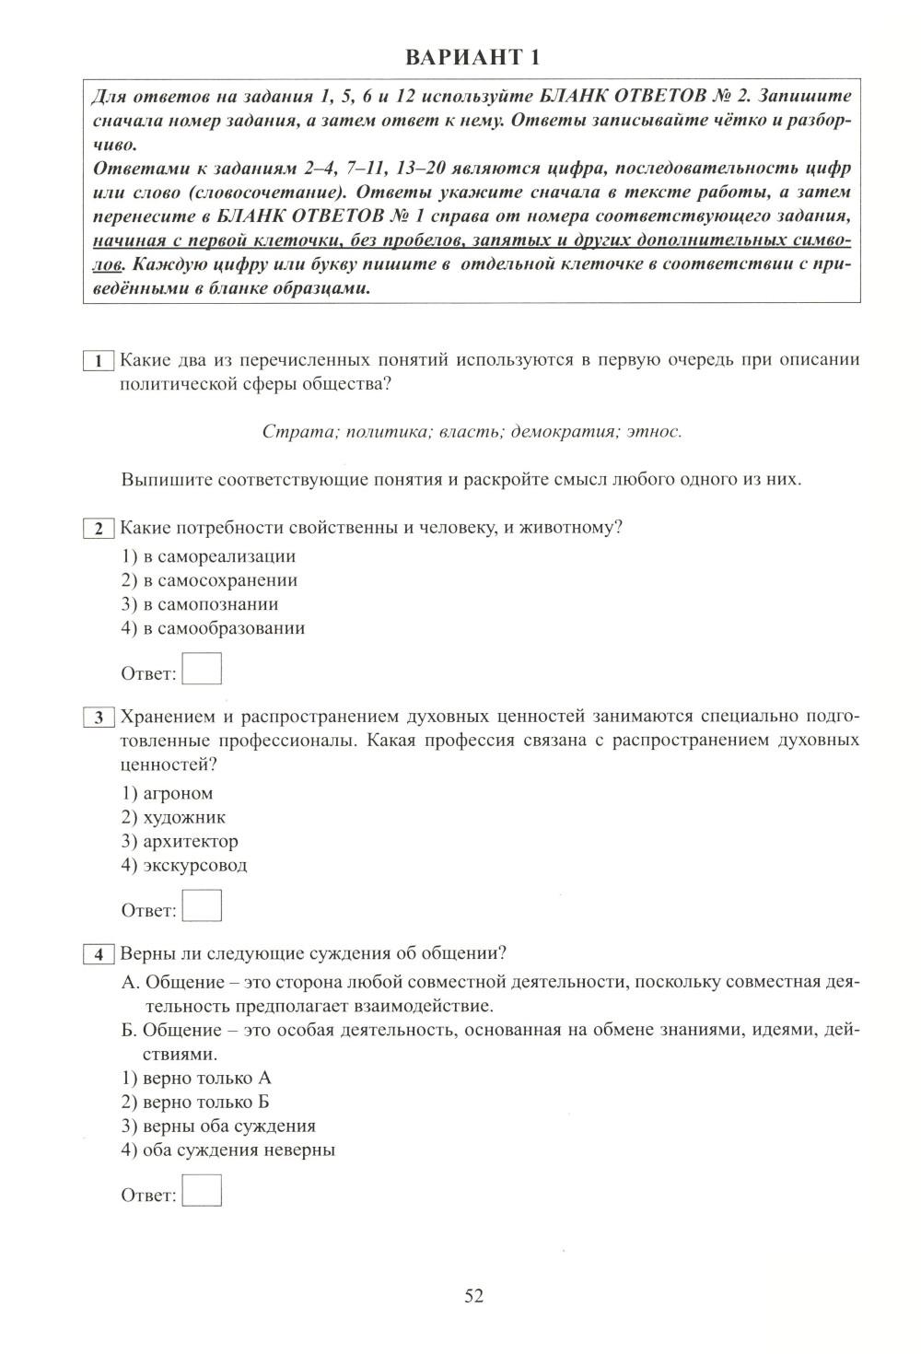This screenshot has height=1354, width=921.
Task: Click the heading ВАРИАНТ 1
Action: point(472,57)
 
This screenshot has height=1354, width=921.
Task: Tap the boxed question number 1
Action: point(98,361)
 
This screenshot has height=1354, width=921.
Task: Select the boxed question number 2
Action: point(98,529)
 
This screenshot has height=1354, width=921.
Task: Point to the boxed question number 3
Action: point(98,718)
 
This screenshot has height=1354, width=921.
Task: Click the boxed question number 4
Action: point(98,954)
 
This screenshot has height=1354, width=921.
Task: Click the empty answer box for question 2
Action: point(202,669)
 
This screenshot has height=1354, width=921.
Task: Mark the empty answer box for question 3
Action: point(202,905)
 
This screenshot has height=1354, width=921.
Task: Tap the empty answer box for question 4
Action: point(202,1190)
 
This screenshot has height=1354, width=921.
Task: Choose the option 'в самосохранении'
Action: point(220,580)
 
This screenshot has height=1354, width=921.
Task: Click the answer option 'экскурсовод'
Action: point(195,865)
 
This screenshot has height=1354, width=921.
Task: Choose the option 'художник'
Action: point(184,817)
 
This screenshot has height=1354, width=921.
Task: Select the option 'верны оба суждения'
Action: point(229,1126)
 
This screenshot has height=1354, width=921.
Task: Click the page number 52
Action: point(473,1296)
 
